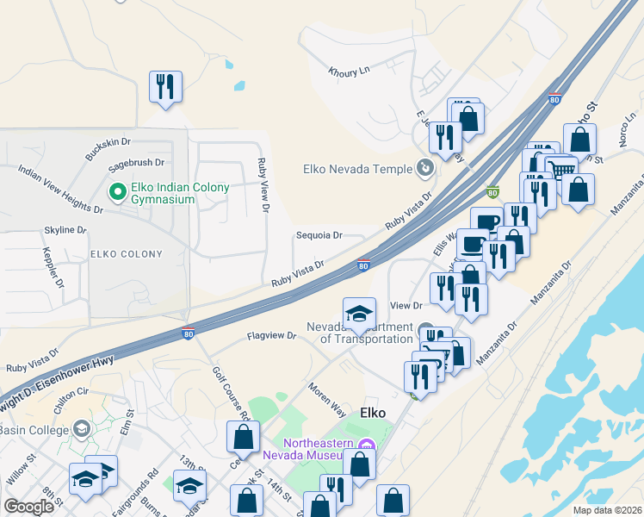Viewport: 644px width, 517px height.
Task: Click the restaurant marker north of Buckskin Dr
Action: (164, 87)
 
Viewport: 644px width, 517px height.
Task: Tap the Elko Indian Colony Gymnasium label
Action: (163, 193)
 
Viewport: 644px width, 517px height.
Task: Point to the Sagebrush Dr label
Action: (135, 162)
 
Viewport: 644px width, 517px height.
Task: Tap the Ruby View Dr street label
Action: (263, 185)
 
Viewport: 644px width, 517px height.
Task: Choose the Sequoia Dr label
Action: (319, 235)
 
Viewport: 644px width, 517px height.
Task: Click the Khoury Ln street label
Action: (349, 72)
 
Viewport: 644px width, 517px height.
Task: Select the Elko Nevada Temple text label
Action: (358, 169)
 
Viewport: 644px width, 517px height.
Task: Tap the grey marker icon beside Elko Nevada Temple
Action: (424, 167)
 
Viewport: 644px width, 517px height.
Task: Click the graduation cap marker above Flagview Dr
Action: (359, 314)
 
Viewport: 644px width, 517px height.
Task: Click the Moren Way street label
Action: (327, 392)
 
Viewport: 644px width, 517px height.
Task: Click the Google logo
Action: (28, 508)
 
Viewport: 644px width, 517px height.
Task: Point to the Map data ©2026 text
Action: (607, 510)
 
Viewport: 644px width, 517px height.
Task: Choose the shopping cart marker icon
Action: (561, 169)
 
